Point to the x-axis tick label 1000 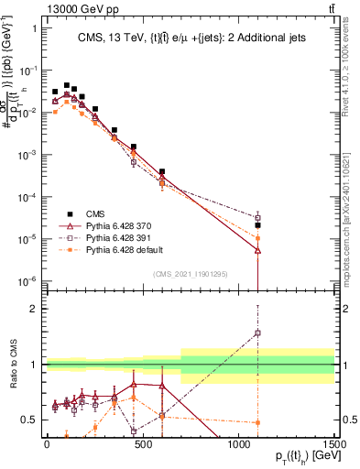coord(239,443)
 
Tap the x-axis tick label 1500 coord(334,443)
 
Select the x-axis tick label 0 coord(47,443)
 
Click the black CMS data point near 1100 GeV coord(258,224)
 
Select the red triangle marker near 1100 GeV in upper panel coord(258,249)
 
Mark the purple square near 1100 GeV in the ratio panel coord(258,333)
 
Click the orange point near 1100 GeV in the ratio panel coord(258,422)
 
